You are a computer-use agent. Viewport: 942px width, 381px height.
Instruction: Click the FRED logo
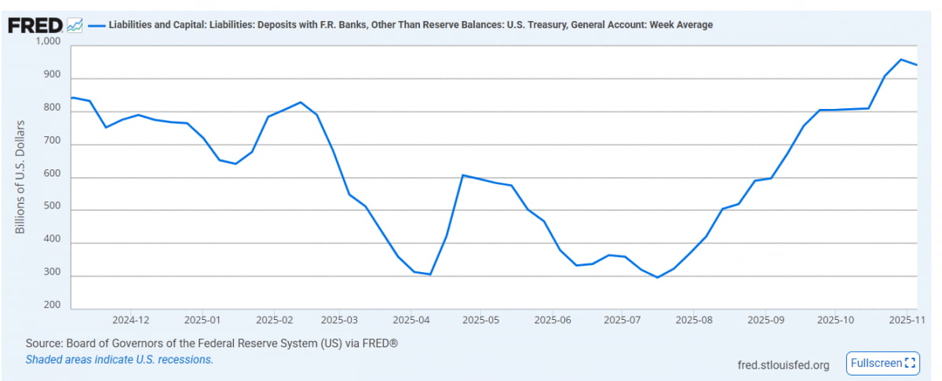(35, 25)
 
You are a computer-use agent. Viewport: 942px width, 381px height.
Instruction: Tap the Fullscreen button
(882, 363)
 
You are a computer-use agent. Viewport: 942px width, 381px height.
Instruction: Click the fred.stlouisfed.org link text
(783, 365)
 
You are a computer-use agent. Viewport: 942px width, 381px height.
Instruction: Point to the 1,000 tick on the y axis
(48, 41)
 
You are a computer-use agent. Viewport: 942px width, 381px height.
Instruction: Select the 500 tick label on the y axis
(53, 211)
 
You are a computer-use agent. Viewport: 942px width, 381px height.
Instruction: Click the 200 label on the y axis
(53, 306)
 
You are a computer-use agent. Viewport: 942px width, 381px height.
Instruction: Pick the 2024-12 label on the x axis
(130, 320)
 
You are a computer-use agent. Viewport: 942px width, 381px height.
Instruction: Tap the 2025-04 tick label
(411, 320)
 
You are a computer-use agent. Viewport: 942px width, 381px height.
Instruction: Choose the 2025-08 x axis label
(693, 320)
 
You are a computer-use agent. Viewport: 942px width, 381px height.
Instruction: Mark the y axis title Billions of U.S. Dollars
(20, 177)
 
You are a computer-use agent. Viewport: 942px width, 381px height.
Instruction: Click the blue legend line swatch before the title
(97, 25)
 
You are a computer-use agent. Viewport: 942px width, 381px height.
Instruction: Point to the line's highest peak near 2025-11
(901, 60)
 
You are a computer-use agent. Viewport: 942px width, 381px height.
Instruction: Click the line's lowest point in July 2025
(658, 278)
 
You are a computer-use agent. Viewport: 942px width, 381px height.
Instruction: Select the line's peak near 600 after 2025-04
(463, 176)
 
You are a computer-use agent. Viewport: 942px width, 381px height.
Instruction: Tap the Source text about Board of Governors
(213, 344)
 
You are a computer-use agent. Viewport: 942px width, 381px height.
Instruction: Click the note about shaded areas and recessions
(119, 360)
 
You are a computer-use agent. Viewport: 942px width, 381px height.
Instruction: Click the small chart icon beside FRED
(75, 25)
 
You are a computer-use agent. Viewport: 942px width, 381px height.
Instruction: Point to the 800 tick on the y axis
(53, 112)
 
